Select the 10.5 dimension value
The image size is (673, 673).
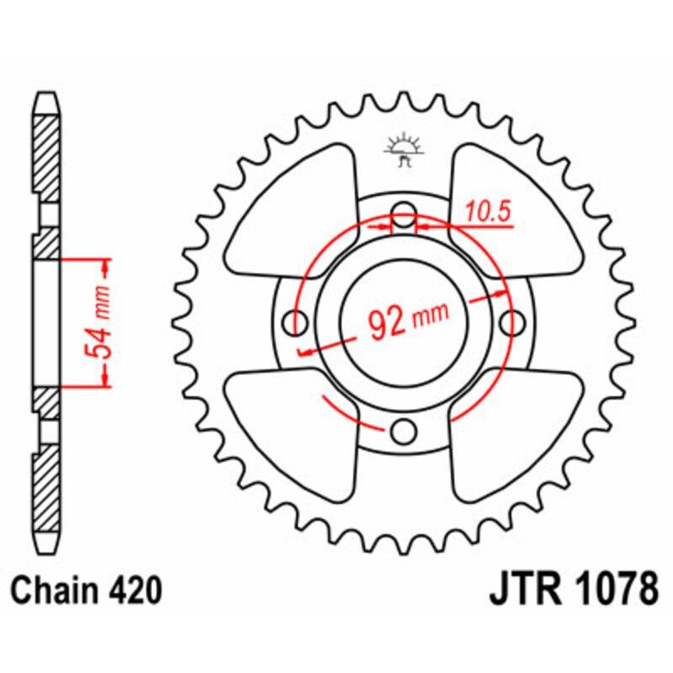[489, 213]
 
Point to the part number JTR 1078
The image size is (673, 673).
[573, 591]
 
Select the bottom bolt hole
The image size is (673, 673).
[405, 432]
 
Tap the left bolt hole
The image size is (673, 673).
[295, 321]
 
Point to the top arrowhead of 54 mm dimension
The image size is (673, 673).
[105, 268]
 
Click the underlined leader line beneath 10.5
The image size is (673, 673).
[480, 225]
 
